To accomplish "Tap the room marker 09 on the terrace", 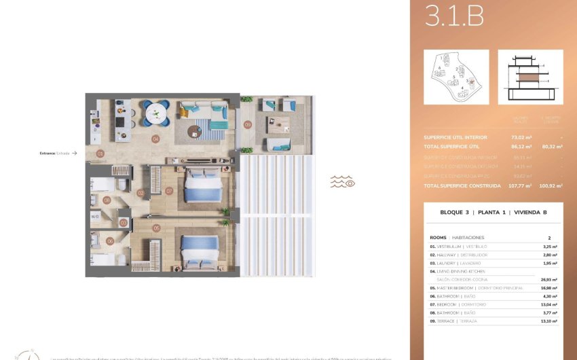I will pyautogui.click(x=248, y=124).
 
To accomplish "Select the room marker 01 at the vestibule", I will pyautogui.click(x=100, y=154).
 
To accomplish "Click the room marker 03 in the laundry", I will pyautogui.click(x=123, y=222).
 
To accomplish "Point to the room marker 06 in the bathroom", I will pyautogui.click(x=110, y=241).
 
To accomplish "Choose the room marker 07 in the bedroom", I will pyautogui.click(x=169, y=191).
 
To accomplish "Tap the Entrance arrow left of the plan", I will pyautogui.click(x=74, y=154).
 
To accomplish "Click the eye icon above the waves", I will pyautogui.click(x=350, y=182).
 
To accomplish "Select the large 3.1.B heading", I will pyautogui.click(x=454, y=17).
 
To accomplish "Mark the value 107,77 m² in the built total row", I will pyautogui.click(x=520, y=185).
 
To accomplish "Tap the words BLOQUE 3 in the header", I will pyautogui.click(x=455, y=213).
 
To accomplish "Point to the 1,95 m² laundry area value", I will pyautogui.click(x=550, y=263).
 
